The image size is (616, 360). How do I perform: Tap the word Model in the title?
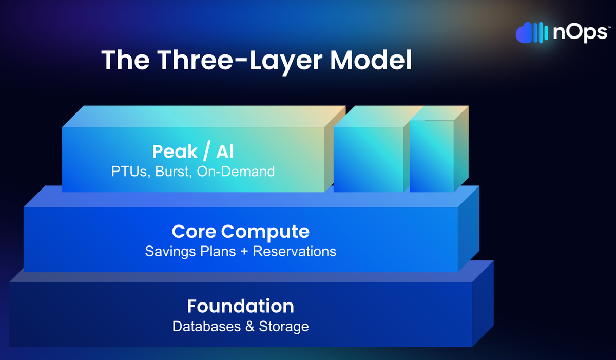click(371, 60)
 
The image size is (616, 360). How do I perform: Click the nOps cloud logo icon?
click(532, 33)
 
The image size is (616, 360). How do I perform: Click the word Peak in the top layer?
click(175, 151)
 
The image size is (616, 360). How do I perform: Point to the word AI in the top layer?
click(225, 151)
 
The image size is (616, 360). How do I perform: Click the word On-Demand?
click(236, 172)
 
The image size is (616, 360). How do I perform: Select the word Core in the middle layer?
click(194, 231)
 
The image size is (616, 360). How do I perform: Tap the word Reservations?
click(294, 251)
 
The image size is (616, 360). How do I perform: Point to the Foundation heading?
click(240, 306)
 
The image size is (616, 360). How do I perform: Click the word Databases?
click(206, 327)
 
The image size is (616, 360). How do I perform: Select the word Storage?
click(284, 327)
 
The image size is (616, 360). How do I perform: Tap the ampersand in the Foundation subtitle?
click(249, 327)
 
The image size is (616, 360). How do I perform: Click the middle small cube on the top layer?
click(369, 160)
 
